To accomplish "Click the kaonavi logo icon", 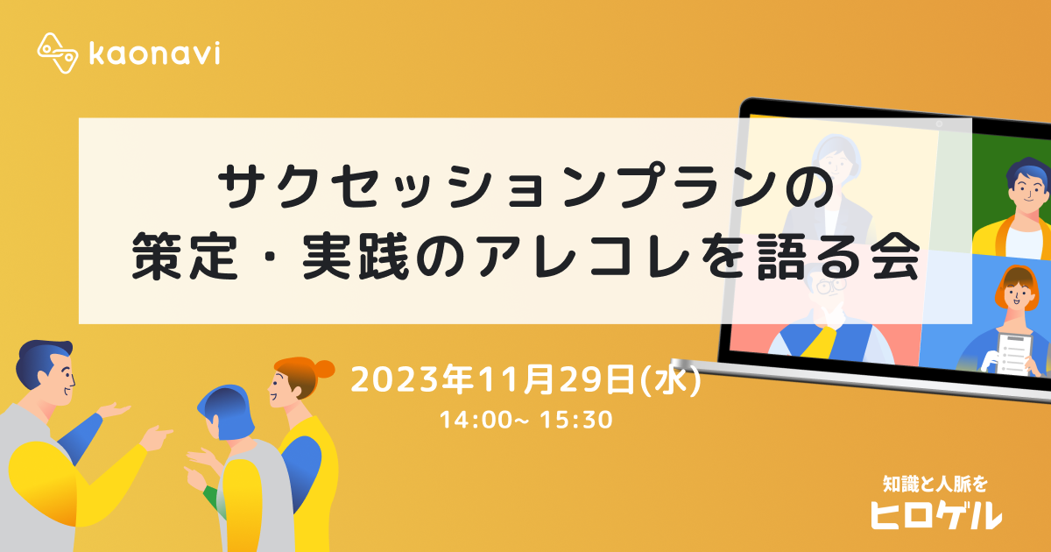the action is [57, 53].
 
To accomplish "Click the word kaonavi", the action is [154, 53].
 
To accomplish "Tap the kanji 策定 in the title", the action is [185, 256].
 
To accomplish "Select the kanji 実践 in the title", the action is [356, 256].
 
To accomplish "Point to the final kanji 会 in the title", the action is [895, 256].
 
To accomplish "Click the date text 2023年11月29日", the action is [493, 379].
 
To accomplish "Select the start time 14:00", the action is [476, 420].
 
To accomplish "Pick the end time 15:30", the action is [576, 420].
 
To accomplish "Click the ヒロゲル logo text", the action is [936, 515].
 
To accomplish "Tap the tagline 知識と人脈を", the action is [935, 484].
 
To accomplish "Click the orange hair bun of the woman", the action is [324, 369].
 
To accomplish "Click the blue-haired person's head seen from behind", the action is [227, 412].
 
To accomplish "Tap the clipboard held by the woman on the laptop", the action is [1013, 354].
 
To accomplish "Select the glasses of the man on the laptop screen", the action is [830, 286].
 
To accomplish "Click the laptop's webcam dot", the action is [939, 124].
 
